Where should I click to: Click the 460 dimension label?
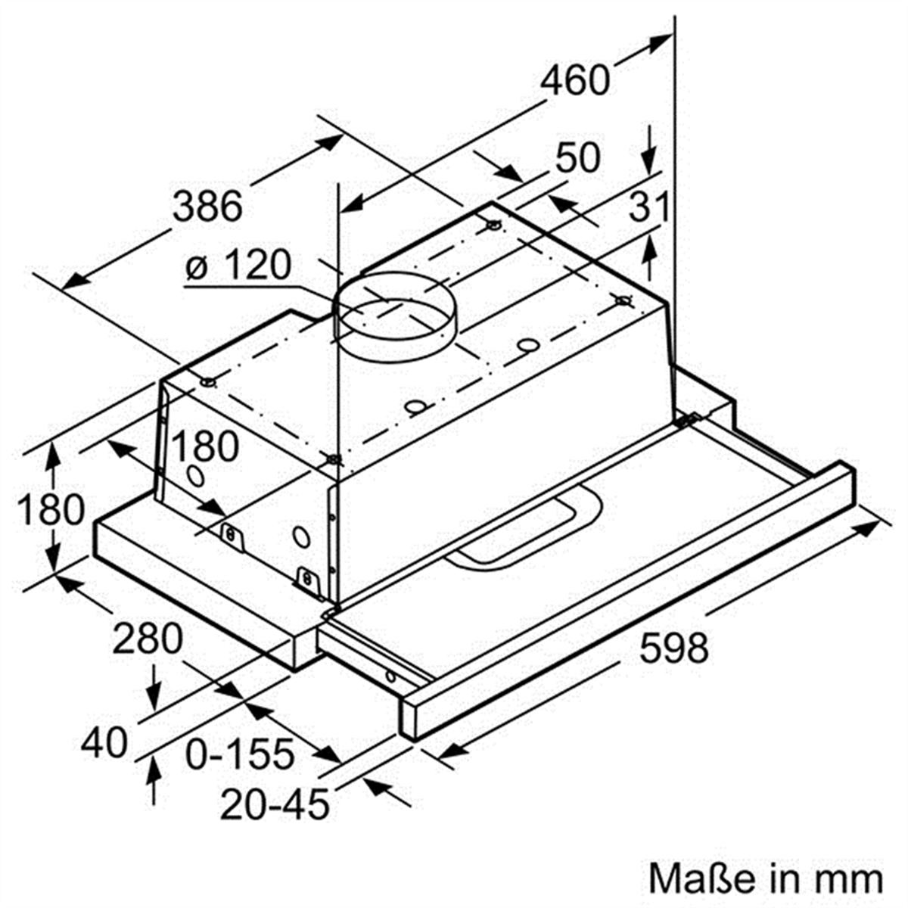(576, 81)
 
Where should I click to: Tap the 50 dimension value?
(577, 158)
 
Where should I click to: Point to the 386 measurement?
(208, 206)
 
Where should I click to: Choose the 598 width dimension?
(673, 648)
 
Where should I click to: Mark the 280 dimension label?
(148, 640)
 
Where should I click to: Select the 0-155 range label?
(240, 754)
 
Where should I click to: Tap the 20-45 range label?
(275, 804)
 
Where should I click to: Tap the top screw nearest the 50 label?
(493, 225)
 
